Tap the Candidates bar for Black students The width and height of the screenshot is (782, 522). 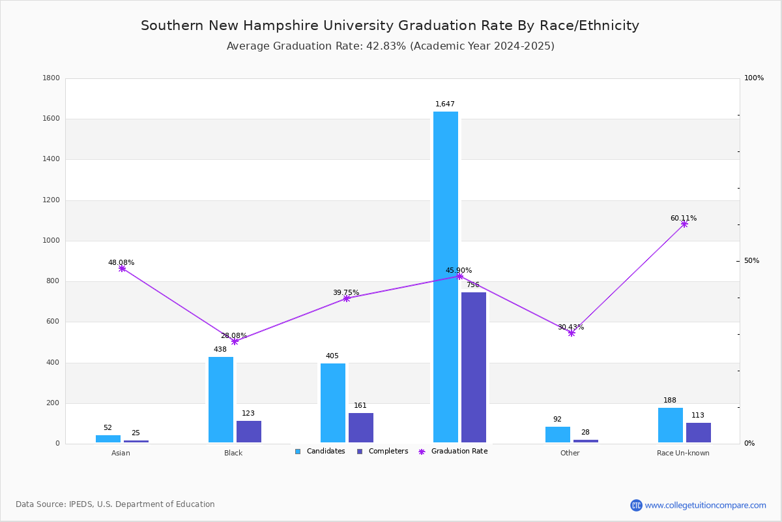221,399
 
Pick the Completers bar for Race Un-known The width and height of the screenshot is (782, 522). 698,433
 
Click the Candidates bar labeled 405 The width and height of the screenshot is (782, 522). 333,403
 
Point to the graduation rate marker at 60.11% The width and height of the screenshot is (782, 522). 684,224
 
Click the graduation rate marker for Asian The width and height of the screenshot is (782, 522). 122,268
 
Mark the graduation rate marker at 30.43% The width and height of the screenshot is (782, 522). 572,333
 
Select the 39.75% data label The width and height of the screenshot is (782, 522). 346,292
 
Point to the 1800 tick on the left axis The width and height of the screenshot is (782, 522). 51,78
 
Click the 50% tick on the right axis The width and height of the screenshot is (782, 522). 751,261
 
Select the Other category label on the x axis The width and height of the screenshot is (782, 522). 570,453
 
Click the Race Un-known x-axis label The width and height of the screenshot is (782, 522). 683,453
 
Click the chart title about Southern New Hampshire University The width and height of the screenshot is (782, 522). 390,25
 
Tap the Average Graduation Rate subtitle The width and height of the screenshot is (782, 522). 390,46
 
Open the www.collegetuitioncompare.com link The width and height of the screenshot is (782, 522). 705,505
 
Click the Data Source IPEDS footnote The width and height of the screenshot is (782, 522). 115,504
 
